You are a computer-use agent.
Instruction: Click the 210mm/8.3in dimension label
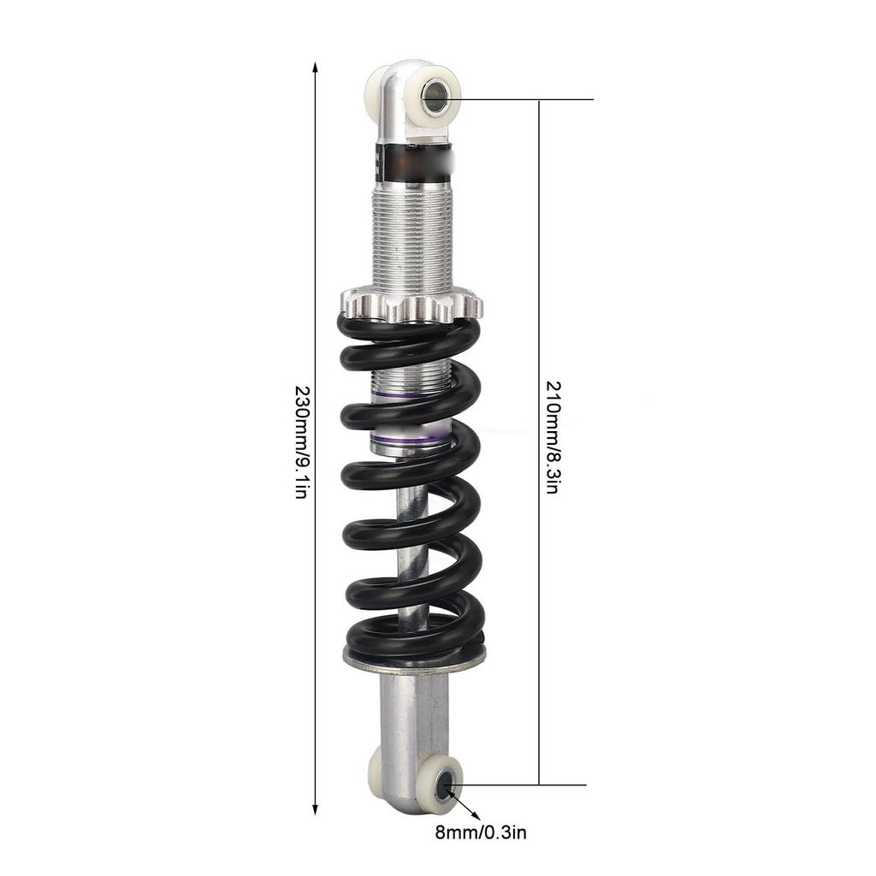click(x=553, y=437)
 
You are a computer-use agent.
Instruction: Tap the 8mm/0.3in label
click(x=481, y=833)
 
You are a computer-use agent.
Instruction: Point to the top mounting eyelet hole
click(x=434, y=93)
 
